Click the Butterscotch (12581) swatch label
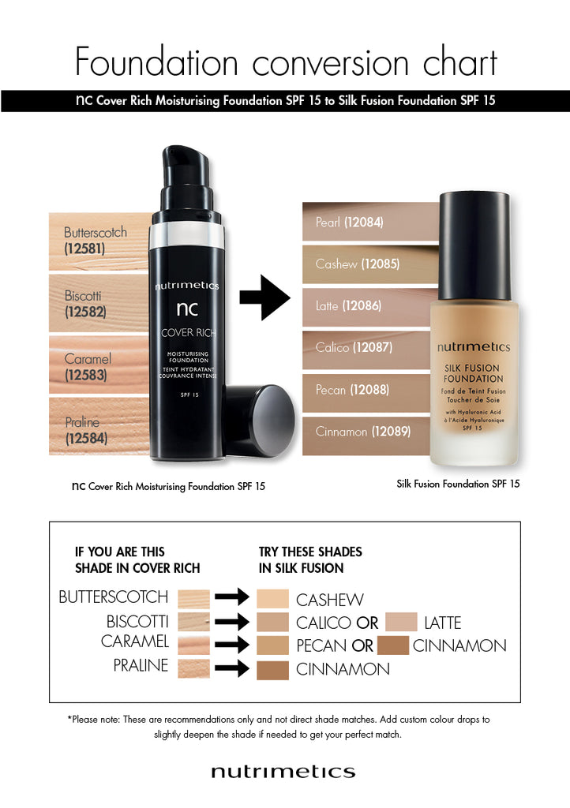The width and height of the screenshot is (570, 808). pos(96,241)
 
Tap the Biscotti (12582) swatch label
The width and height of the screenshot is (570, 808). pos(85,304)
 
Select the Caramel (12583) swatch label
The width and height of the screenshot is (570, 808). pos(88,367)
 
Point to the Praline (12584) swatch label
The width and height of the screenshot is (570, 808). pos(86,430)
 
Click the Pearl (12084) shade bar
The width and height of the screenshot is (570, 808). pos(350,223)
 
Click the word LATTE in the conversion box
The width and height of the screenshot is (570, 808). pos(442,623)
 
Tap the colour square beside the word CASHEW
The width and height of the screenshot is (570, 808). pos(273,598)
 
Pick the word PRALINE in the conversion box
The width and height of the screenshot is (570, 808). pos(141,665)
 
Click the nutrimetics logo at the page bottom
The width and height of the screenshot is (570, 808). pos(283,771)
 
